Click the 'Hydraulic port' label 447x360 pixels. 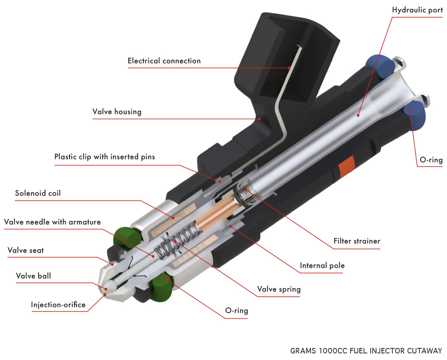(417, 10)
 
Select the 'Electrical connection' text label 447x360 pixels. (164, 61)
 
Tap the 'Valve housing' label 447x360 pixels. (117, 111)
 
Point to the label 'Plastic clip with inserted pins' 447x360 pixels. (105, 157)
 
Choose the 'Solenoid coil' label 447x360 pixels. (38, 193)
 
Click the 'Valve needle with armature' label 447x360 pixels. (52, 222)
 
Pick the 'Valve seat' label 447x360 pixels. (26, 250)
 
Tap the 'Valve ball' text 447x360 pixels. (33, 276)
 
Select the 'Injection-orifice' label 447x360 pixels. (58, 305)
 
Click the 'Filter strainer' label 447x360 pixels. (357, 241)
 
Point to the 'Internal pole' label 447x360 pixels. (322, 266)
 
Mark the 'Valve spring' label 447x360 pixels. (279, 289)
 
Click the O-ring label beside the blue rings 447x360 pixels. (431, 160)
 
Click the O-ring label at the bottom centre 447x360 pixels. (237, 310)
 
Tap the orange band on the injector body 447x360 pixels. (346, 167)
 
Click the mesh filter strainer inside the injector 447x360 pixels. (246, 191)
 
